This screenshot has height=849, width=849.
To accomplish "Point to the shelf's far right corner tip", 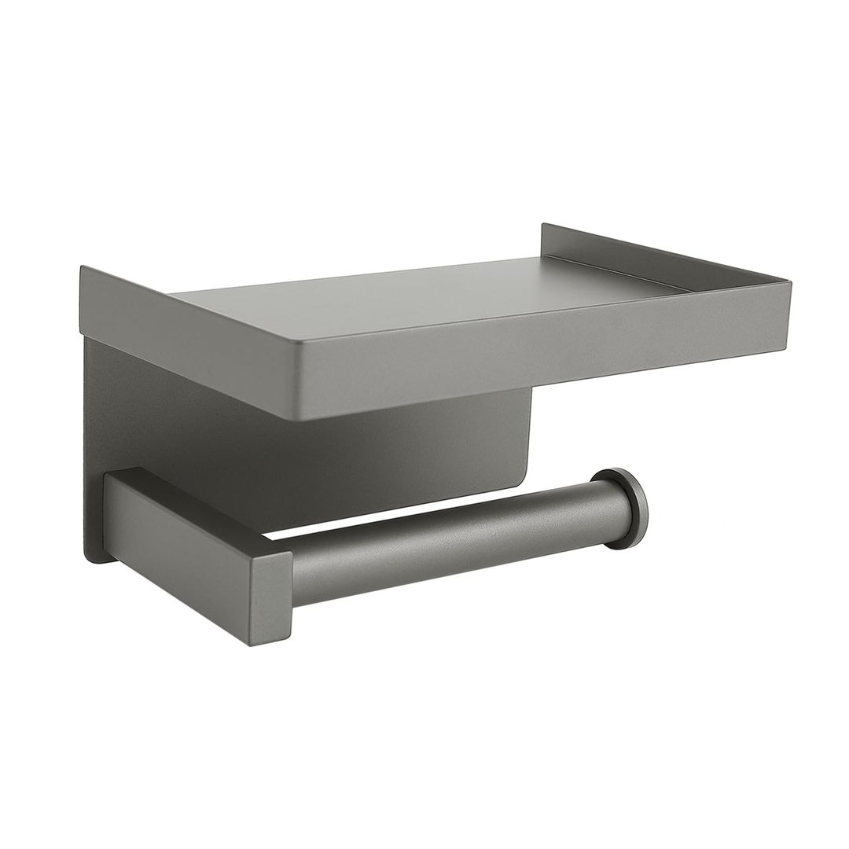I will tap(789, 281).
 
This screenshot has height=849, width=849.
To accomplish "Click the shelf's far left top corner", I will tap(82, 269).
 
